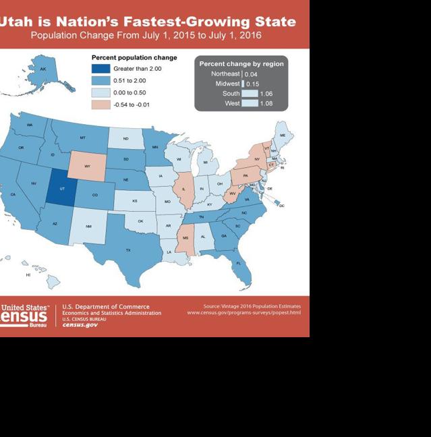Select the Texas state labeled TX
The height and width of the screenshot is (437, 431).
click(127, 249)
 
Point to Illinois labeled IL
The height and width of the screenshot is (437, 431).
click(183, 190)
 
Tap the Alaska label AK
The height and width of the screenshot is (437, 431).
click(43, 69)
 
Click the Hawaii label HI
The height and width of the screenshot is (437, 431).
click(28, 274)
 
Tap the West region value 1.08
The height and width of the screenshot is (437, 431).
click(266, 104)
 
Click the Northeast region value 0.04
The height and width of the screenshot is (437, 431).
click(250, 73)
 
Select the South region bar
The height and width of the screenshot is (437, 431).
click(250, 94)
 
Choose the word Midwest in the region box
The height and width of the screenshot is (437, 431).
click(227, 84)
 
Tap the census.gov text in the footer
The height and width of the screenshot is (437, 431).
click(80, 325)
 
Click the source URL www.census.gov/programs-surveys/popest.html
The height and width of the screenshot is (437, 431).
click(243, 313)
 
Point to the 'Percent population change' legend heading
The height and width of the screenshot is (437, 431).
click(134, 58)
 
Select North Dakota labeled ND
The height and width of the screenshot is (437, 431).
click(125, 139)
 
